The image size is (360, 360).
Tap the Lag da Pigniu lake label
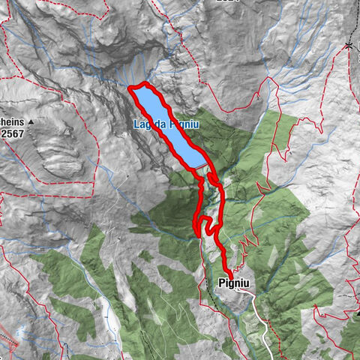pos(166,124)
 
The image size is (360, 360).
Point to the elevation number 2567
pos(13,133)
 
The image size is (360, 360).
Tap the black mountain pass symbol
pos(349,46)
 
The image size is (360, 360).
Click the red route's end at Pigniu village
pos(228,275)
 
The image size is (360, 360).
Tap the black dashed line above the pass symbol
pos(349,22)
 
